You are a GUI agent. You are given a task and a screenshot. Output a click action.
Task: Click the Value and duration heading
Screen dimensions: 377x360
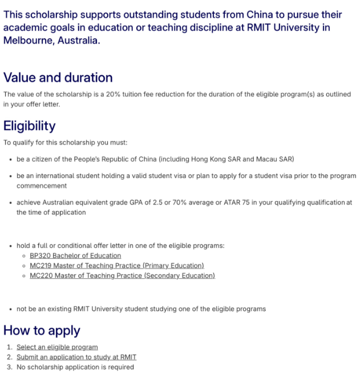tap(58, 78)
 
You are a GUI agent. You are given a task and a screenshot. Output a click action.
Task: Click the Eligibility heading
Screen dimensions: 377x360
tap(30, 126)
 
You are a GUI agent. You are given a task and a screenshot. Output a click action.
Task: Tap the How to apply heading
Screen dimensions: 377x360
tap(42, 330)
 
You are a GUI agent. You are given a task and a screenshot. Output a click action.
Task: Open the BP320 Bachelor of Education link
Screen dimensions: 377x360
tap(75, 256)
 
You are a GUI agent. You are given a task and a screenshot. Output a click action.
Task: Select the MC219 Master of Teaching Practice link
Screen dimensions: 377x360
tap(116, 266)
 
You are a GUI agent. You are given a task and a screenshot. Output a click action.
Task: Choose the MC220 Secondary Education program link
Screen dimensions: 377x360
tap(122, 275)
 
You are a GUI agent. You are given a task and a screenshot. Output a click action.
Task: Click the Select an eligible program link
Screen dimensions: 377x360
tap(57, 347)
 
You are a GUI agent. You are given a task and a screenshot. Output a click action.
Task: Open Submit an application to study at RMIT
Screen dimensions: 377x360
tap(76, 357)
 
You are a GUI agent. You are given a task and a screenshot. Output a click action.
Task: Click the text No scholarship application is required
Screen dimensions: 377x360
tap(75, 367)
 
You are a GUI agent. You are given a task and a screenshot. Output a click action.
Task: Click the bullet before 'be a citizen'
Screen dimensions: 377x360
tap(11, 159)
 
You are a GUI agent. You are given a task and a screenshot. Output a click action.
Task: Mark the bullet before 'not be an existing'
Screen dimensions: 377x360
tap(11, 310)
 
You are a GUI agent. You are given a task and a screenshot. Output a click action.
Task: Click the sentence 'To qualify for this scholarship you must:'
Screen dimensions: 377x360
tap(66, 142)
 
